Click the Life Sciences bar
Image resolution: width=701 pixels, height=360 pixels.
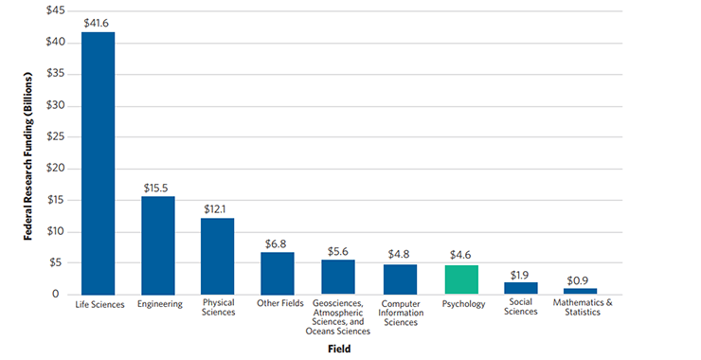(98, 163)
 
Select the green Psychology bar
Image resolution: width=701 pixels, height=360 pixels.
(461, 280)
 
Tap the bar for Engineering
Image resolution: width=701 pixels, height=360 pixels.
(158, 245)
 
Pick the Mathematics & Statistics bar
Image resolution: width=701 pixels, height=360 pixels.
(581, 292)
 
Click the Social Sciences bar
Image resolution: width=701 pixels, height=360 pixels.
(521, 288)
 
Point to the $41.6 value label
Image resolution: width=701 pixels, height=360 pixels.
(96, 24)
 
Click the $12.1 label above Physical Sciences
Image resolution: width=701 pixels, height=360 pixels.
(215, 209)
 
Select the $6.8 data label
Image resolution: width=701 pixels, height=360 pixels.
(276, 244)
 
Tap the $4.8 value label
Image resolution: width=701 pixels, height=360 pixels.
(399, 255)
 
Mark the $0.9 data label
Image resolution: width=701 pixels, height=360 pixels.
(578, 281)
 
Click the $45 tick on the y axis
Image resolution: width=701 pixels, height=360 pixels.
(56, 10)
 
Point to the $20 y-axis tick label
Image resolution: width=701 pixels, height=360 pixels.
(56, 169)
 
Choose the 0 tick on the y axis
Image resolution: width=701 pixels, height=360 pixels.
(56, 294)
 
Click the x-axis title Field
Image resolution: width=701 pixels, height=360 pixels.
(339, 349)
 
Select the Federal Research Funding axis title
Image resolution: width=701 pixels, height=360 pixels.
(28, 156)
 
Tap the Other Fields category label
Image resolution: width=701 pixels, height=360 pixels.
(280, 303)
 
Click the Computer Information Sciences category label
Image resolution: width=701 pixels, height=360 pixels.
(401, 313)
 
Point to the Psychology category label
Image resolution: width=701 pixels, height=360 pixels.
(463, 304)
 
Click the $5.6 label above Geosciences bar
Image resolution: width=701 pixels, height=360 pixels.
(338, 252)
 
